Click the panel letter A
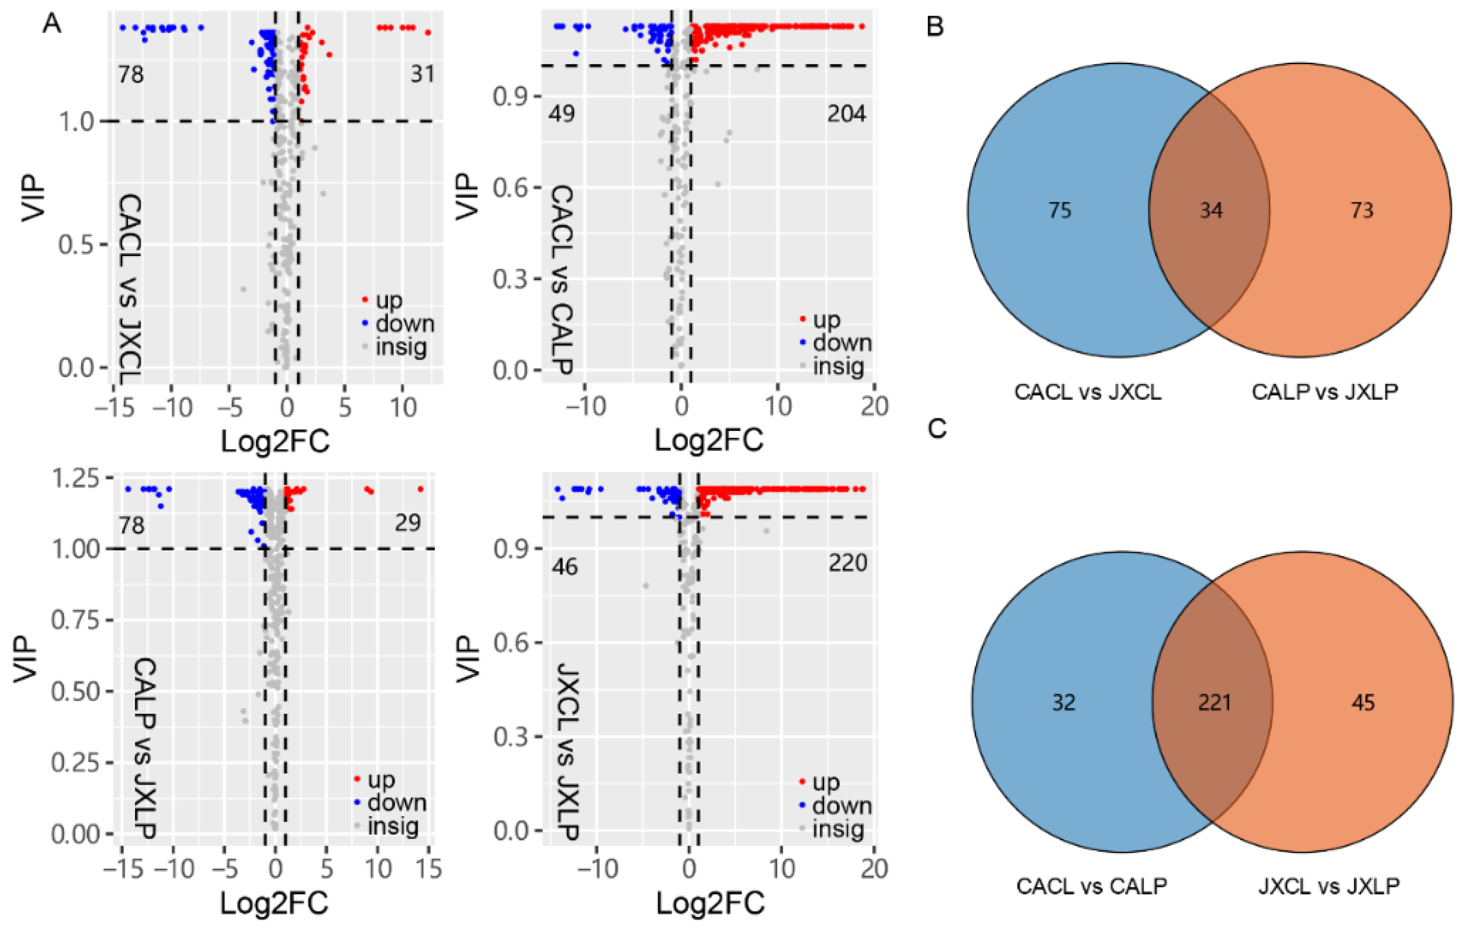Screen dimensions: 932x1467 tap(52, 25)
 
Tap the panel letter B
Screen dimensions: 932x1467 tap(935, 27)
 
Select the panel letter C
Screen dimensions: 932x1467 tap(937, 428)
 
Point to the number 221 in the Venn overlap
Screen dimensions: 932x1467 tap(1214, 703)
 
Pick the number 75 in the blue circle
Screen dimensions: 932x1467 tap(1060, 210)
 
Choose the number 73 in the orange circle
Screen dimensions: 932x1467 tap(1362, 210)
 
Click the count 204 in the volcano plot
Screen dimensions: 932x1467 tap(846, 114)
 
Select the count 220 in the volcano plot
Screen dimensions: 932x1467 tap(847, 563)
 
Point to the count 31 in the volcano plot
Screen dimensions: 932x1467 tap(422, 74)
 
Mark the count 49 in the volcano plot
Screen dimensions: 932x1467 tap(561, 114)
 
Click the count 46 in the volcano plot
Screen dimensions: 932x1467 tap(564, 567)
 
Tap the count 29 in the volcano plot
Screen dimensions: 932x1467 tap(407, 523)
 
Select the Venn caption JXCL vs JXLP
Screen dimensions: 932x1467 tap(1329, 886)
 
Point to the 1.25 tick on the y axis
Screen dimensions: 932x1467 tap(76, 479)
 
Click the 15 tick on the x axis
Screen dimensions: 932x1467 tap(429, 869)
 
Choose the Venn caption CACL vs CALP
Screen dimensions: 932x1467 tap(1091, 886)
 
